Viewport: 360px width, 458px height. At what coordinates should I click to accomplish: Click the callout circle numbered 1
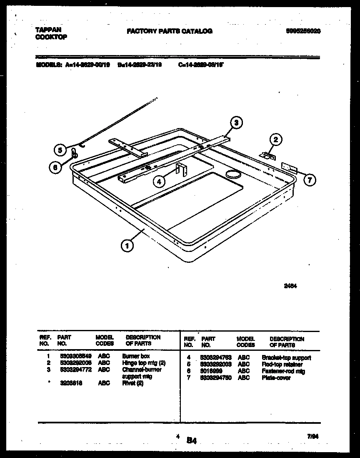(127, 246)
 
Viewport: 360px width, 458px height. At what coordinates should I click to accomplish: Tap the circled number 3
(236, 122)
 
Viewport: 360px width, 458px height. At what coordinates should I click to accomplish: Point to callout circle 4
(158, 181)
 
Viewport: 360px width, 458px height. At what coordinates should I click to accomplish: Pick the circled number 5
(60, 150)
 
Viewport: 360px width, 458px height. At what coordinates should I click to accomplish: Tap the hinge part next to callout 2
(267, 156)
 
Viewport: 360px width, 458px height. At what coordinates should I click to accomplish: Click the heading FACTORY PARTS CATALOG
(170, 31)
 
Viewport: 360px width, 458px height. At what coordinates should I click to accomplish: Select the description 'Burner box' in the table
(136, 357)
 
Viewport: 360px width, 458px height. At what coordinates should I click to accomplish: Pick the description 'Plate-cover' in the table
(276, 377)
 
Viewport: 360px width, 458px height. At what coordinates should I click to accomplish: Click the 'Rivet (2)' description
(133, 383)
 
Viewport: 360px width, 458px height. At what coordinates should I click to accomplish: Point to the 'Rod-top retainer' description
(282, 364)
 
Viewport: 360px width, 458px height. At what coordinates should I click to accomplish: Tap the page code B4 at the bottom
(192, 440)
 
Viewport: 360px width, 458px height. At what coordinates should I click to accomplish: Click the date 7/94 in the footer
(313, 436)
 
